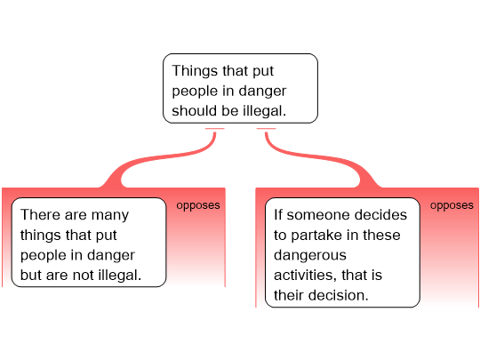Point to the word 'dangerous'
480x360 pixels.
tap(310, 255)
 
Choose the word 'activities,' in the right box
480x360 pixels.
tap(306, 275)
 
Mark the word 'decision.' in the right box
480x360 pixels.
tap(339, 295)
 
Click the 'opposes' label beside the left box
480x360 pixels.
tap(198, 205)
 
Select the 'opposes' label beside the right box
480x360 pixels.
tap(452, 205)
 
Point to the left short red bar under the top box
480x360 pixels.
tap(215, 129)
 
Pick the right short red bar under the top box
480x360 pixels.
tap(267, 129)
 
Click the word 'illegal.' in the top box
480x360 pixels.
tap(265, 111)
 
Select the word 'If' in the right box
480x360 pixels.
tap(278, 214)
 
